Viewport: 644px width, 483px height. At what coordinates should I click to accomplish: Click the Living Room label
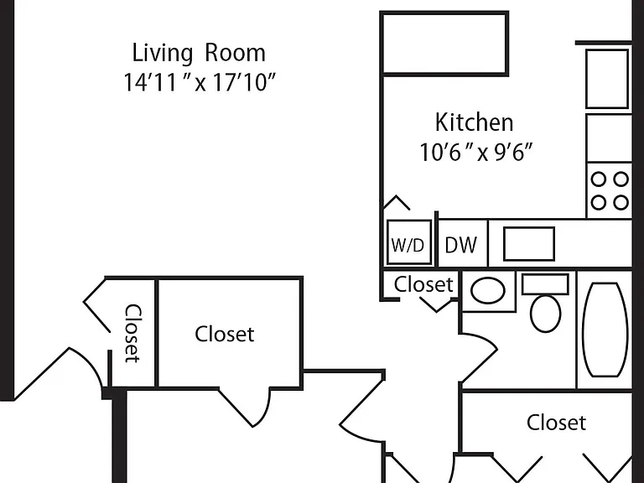[199, 53]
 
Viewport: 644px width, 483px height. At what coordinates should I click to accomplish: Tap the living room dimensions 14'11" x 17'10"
[199, 82]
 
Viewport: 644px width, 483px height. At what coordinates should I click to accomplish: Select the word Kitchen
[475, 122]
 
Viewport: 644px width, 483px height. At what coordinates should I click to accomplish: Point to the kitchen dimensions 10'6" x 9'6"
[475, 152]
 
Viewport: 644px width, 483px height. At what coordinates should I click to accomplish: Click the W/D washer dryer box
[409, 242]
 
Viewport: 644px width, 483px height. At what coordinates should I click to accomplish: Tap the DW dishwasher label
[461, 245]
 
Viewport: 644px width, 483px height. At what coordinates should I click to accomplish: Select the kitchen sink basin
[529, 243]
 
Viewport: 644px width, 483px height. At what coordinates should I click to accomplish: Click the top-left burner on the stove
[599, 179]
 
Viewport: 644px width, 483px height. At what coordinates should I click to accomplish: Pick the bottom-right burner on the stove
[621, 202]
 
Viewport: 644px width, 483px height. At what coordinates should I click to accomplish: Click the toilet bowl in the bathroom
[545, 314]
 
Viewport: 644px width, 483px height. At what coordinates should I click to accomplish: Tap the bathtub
[605, 330]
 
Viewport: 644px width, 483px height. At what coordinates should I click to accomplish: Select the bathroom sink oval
[487, 290]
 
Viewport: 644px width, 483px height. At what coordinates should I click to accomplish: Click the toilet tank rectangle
[545, 284]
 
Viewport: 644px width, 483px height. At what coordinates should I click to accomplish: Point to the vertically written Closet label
[133, 334]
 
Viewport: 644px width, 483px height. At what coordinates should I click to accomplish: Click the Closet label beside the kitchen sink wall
[423, 284]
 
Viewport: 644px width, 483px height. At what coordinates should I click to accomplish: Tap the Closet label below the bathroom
[556, 423]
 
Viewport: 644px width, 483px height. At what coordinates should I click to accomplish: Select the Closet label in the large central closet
[224, 334]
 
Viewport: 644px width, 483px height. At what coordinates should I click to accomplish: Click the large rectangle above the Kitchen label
[445, 44]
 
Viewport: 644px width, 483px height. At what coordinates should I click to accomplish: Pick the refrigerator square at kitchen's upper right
[607, 79]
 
